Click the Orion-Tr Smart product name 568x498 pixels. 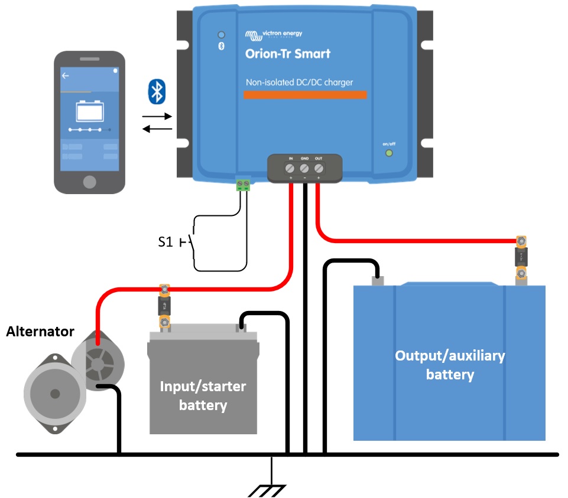pyautogui.click(x=287, y=54)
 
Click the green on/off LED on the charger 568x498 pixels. pyautogui.click(x=389, y=153)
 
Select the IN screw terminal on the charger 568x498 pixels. pyautogui.click(x=291, y=168)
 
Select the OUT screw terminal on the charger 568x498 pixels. pyautogui.click(x=319, y=168)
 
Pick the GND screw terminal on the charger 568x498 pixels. pyautogui.click(x=305, y=168)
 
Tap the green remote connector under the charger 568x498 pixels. pyautogui.click(x=243, y=185)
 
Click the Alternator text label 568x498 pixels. pyautogui.click(x=40, y=332)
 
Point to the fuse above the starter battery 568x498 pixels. pyautogui.click(x=164, y=306)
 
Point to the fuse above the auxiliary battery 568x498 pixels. pyautogui.click(x=521, y=257)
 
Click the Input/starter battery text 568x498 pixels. pyautogui.click(x=203, y=396)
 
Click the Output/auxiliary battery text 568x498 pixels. pyautogui.click(x=450, y=365)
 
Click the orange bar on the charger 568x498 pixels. pyautogui.click(x=306, y=95)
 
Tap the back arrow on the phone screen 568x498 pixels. pyautogui.click(x=66, y=76)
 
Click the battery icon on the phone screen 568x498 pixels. pyautogui.click(x=89, y=110)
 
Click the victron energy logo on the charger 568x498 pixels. pyautogui.click(x=274, y=34)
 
